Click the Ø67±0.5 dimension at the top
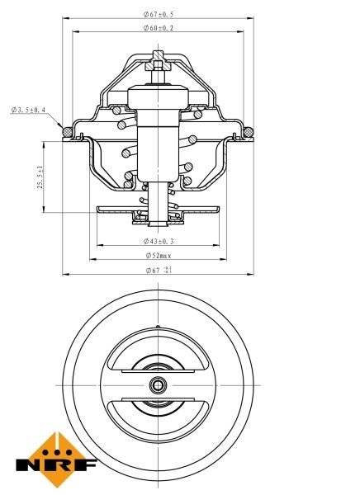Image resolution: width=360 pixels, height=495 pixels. click(x=158, y=14)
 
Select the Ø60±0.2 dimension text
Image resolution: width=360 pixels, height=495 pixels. click(x=158, y=28)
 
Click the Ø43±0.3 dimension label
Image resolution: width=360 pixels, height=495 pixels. click(x=158, y=241)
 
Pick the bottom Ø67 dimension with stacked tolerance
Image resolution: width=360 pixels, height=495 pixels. click(x=158, y=269)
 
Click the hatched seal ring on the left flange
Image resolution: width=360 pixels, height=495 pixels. click(x=66, y=130)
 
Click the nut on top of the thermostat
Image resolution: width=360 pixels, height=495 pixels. click(x=158, y=64)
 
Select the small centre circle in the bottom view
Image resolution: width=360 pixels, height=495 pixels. click(x=158, y=384)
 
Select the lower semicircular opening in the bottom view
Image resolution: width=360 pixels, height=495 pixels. click(x=158, y=412)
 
